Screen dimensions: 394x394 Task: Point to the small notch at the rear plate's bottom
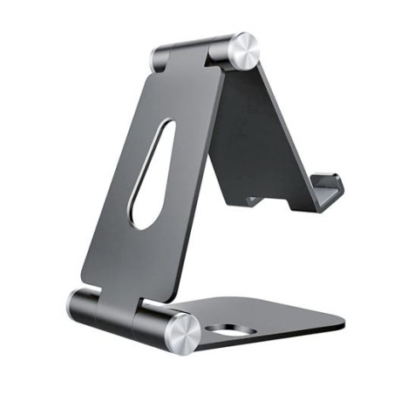(x=252, y=201)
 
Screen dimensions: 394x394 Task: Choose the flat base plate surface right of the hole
(x=279, y=318)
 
